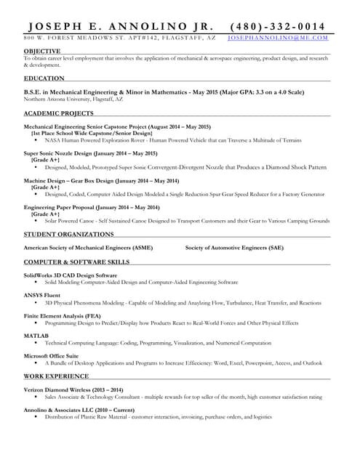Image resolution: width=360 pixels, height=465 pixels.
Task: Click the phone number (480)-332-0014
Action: coord(277,26)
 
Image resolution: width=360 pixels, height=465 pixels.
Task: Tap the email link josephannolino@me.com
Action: coord(277,37)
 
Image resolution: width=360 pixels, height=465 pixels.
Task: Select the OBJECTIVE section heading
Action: coord(42,51)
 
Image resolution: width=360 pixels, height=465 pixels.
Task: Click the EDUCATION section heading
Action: coord(44,78)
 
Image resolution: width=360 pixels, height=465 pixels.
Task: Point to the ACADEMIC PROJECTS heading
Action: coord(58,113)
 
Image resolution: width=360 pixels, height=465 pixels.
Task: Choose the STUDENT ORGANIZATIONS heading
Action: coord(69,234)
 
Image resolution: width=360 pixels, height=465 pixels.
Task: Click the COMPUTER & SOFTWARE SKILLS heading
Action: coord(76,261)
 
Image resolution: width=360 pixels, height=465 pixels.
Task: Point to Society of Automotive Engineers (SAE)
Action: coord(234,248)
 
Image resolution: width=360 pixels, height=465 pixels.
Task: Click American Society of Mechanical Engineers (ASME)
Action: coord(88,248)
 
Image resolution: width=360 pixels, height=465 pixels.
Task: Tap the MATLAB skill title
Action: coord(36,336)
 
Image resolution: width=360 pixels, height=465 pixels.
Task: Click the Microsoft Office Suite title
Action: coord(51,355)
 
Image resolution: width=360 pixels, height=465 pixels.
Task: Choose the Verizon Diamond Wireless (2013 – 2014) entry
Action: coord(73,390)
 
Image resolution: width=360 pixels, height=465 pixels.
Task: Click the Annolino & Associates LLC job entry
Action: coord(79,411)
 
